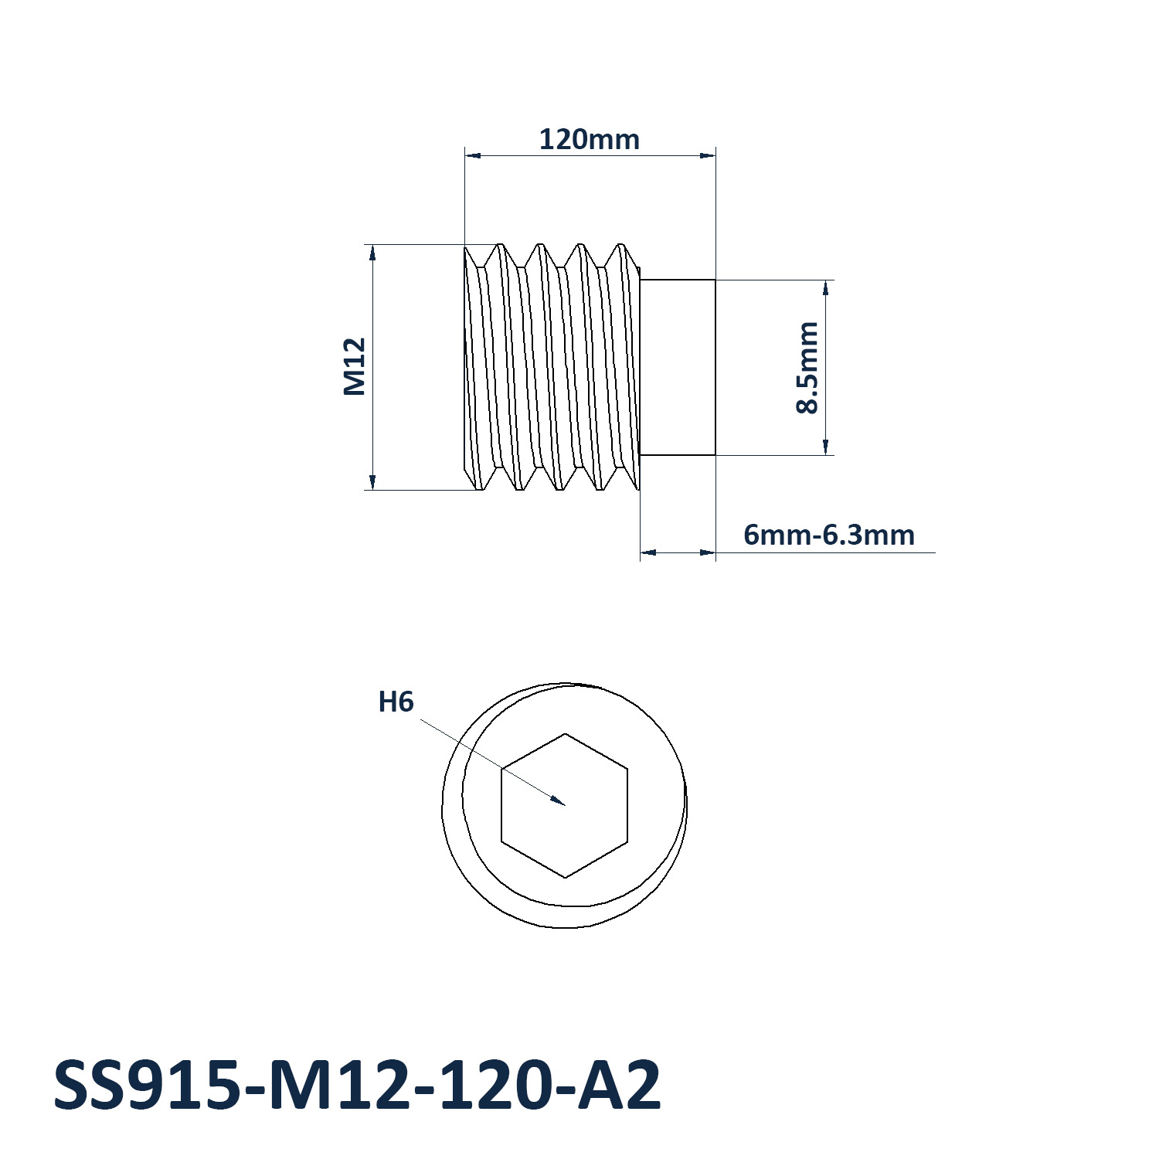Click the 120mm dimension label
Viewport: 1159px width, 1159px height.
coord(589,140)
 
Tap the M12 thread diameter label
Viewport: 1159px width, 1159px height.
coord(355,367)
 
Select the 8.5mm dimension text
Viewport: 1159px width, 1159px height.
coord(807,368)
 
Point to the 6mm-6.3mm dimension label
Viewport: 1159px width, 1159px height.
coord(829,535)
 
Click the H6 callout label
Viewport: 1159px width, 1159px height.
coord(396,702)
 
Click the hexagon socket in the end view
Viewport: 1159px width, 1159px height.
coord(565,805)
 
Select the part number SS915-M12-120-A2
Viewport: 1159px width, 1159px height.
coord(357,1086)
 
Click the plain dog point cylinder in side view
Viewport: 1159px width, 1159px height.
coord(678,368)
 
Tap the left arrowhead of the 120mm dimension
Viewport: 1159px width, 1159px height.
coord(473,155)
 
